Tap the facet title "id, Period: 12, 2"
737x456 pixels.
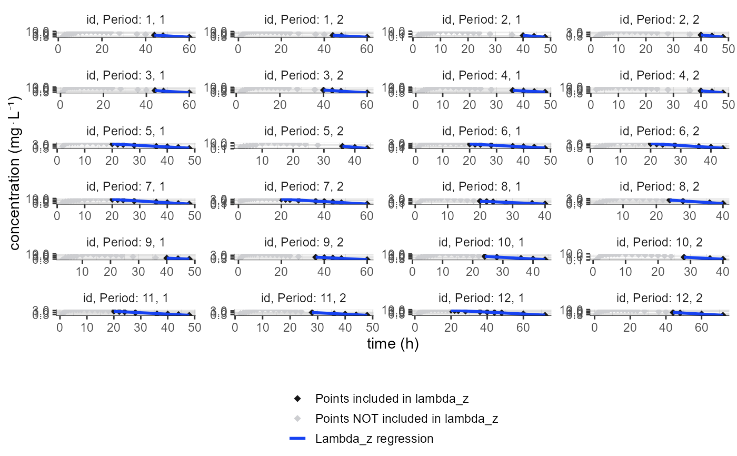(x=660, y=298)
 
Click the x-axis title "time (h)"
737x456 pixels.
(x=392, y=344)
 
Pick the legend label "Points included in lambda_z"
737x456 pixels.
(x=392, y=399)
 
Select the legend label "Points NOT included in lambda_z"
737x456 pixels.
(x=406, y=419)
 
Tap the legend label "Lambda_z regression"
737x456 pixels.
(x=374, y=439)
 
